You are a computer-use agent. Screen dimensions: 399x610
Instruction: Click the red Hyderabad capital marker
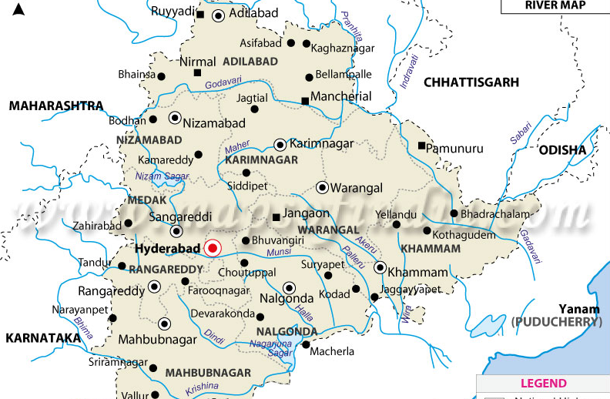[x=213, y=248]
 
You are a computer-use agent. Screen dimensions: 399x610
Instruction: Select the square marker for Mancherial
[x=305, y=100]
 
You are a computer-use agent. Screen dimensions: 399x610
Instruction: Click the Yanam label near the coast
[x=560, y=306]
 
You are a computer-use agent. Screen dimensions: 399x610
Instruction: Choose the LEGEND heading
[x=543, y=383]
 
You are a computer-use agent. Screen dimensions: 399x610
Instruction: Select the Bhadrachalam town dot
[x=454, y=213]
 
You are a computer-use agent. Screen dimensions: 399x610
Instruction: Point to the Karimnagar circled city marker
[x=280, y=144]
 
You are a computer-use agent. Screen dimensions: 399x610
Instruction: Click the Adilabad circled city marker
[x=219, y=15]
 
